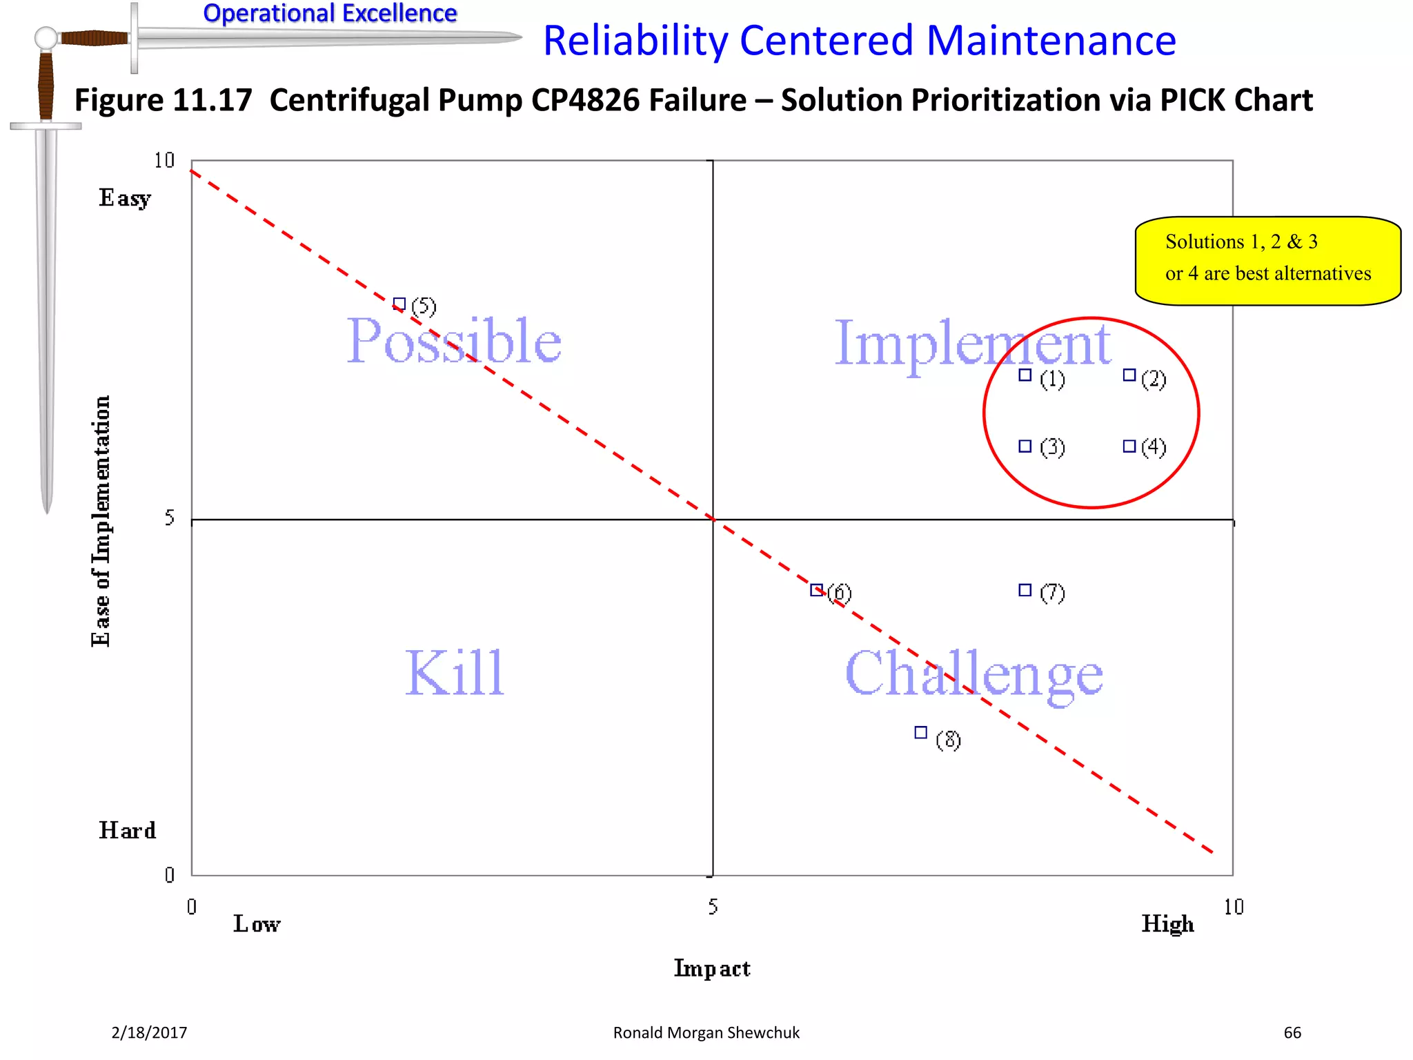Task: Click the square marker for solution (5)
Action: (399, 304)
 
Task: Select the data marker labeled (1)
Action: (1025, 375)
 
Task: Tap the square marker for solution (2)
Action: (1129, 375)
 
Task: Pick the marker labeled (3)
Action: (1025, 446)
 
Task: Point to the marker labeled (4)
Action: (1129, 446)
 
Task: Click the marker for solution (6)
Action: (816, 590)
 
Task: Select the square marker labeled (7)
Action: (1025, 590)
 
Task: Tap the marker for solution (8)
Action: (921, 732)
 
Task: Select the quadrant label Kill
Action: (454, 673)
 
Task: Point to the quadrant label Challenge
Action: (974, 674)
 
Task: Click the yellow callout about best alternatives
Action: (1267, 260)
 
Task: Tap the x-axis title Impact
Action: (711, 968)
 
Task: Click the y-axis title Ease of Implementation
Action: (101, 521)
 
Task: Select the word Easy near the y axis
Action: (125, 198)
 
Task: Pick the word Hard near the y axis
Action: (128, 830)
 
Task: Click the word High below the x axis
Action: (1167, 923)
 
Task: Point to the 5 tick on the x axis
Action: (713, 907)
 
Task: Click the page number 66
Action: (1292, 1032)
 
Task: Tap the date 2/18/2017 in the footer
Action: (149, 1032)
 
